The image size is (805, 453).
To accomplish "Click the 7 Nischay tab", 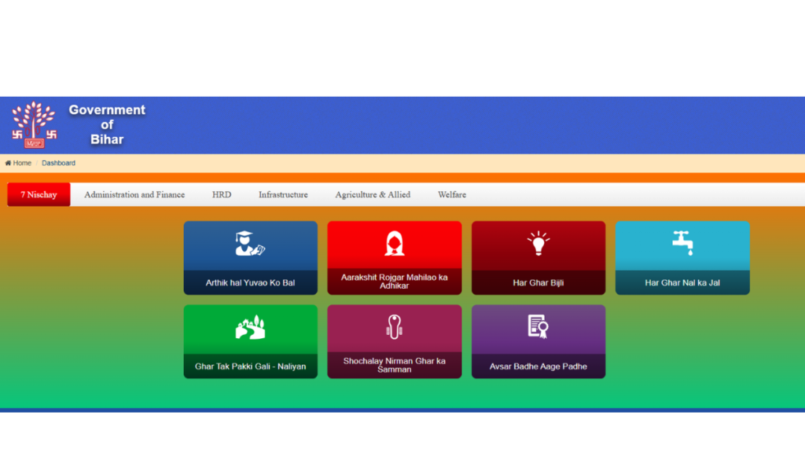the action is click(39, 195).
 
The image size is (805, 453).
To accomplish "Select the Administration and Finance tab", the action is click(134, 195).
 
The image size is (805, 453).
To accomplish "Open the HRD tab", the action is click(222, 195).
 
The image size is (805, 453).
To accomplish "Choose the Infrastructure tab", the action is click(283, 195).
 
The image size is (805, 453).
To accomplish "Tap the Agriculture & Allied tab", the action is click(373, 195).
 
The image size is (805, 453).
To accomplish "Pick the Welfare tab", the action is click(452, 195).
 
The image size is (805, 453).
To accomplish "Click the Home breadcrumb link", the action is click(18, 163).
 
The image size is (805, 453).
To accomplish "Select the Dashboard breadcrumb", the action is click(58, 163).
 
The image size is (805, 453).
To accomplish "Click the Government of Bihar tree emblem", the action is click(34, 125).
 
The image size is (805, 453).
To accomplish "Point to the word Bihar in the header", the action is click(107, 139).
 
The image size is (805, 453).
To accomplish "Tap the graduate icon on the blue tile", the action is click(249, 243).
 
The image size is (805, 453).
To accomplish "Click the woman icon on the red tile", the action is click(395, 243).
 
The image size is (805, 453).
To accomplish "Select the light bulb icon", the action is click(538, 243).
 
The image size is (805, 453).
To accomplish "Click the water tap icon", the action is click(683, 243).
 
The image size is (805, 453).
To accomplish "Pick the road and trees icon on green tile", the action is click(251, 327).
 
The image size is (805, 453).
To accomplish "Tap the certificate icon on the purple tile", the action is click(538, 326).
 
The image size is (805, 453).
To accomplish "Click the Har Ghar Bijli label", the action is click(538, 282).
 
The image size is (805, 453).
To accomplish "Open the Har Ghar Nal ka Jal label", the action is click(682, 282).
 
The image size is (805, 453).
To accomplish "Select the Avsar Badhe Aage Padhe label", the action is click(538, 366).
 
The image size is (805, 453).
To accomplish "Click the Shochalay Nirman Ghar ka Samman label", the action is click(395, 365).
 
